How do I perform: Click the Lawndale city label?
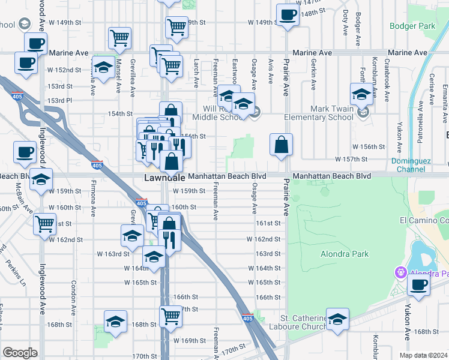tap(163, 178)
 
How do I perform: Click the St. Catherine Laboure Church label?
tap(304, 322)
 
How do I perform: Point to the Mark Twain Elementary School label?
tap(332, 113)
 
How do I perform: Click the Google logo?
tap(20, 353)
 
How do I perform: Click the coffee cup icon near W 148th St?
tap(287, 15)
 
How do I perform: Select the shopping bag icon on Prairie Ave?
tap(281, 145)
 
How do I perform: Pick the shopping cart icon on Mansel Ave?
tap(119, 38)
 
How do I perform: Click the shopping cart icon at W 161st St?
tap(45, 224)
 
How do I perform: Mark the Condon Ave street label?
tap(74, 295)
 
